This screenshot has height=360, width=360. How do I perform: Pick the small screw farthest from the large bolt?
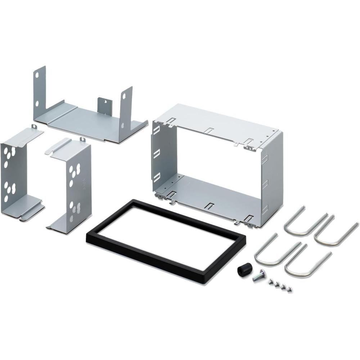point(289,289)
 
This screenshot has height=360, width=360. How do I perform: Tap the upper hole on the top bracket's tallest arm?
point(37,76)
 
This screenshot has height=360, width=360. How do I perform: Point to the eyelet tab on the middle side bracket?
point(82,139)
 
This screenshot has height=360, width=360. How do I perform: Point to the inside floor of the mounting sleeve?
point(212,194)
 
